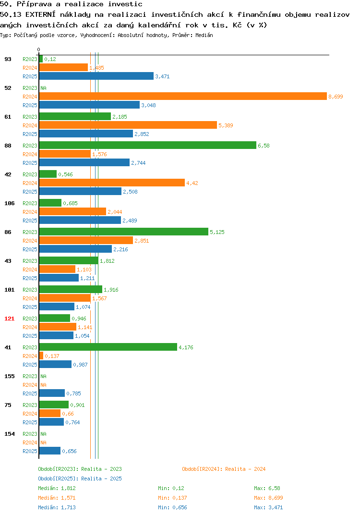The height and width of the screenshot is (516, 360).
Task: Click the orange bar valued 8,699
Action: click(183, 97)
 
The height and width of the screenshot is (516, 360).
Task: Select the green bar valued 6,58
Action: click(148, 145)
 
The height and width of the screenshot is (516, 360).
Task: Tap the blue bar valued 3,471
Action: click(96, 76)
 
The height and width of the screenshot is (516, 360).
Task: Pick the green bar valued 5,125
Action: click(124, 232)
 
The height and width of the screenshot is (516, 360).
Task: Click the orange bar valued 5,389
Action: click(128, 125)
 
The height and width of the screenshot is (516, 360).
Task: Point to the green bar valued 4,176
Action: click(108, 347)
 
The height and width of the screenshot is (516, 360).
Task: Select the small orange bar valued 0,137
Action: click(41, 356)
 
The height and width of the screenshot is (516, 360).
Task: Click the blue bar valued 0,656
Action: click(49, 451)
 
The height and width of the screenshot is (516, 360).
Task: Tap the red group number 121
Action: click(10, 319)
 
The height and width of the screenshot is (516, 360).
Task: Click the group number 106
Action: click(10, 203)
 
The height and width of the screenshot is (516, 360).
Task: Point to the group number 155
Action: click(10, 376)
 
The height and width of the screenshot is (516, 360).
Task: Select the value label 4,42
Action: click(192, 183)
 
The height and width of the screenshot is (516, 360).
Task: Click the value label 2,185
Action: click(120, 117)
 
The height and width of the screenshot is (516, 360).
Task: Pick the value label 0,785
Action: click(73, 393)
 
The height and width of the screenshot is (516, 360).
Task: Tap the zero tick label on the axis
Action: click(38, 49)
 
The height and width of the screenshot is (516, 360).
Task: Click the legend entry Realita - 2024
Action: click(224, 469)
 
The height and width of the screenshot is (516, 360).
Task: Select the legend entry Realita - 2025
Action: click(80, 479)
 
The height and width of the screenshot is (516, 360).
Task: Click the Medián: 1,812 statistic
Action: click(57, 488)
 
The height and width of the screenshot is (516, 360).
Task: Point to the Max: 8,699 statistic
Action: click(268, 498)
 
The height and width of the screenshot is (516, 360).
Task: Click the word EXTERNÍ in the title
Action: click(40, 14)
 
